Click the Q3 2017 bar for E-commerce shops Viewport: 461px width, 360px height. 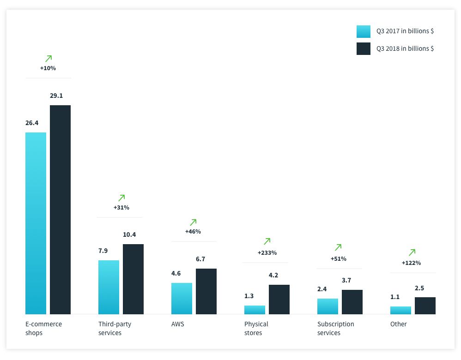pos(36,223)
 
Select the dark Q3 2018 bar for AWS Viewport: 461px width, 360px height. pos(206,291)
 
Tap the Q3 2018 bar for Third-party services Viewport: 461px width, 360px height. pos(133,279)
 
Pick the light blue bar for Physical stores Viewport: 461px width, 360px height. pos(255,310)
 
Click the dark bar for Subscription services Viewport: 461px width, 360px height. pos(352,302)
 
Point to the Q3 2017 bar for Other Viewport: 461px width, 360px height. pos(400,310)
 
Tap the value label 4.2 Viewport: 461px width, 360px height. pos(273,275)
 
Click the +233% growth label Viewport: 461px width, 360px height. pos(267,253)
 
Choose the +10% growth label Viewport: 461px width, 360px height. pos(48,68)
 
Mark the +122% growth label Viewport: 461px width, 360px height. pos(411,263)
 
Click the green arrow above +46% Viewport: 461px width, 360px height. pos(193,222)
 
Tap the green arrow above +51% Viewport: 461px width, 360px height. pos(338,247)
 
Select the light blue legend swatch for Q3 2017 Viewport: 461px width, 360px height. pos(364,31)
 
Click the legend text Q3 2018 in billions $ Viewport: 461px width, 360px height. pos(405,48)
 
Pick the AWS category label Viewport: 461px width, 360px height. pos(177,324)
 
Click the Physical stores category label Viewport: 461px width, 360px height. pos(256,328)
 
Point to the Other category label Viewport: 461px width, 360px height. pos(398,324)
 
